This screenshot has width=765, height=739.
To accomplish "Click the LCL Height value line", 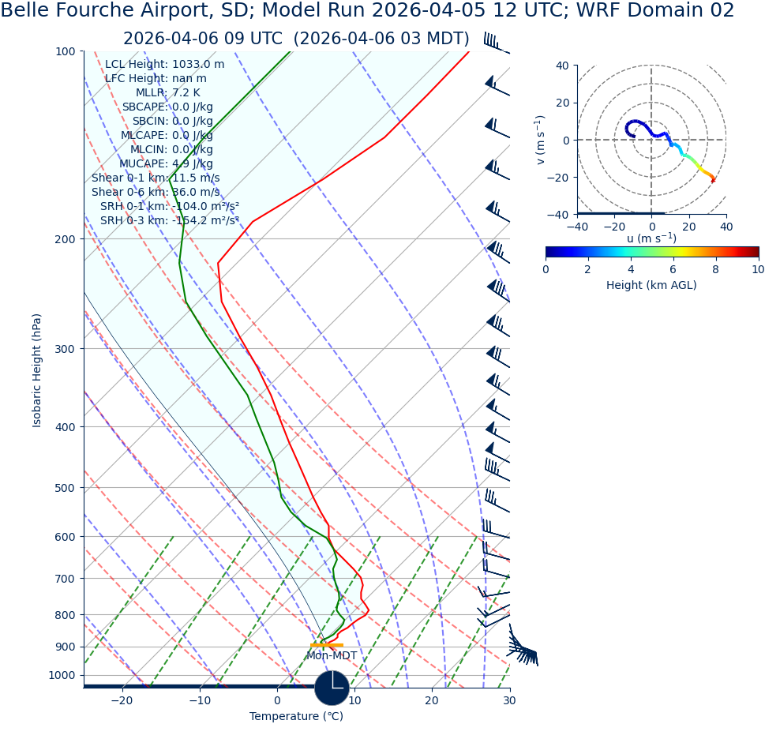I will coord(164,65).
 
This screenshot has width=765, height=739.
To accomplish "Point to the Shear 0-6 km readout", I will coord(156,193).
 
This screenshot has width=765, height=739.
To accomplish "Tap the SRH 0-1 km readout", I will coord(169,207).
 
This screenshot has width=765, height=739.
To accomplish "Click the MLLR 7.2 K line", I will coord(167,93).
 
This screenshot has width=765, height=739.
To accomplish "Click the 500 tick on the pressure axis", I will coord(65,488).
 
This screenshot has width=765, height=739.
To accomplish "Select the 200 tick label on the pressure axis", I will coord(65,239).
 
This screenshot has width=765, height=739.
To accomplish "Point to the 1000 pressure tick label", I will coord(62,676).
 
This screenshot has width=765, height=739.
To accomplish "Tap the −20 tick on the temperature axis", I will coord(122,700).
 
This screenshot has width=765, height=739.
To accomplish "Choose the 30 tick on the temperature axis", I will coord(509,700).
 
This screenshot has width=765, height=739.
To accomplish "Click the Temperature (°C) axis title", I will coord(296,717).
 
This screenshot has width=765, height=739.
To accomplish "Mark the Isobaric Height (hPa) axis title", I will coord(37,370).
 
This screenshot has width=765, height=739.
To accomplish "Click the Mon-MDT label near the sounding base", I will coord(332,656).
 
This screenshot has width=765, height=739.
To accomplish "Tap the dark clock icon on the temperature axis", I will coord(332,688).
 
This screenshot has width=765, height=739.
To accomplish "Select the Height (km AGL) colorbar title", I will coord(651,285).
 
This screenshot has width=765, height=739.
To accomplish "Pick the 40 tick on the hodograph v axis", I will coord(562,66).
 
